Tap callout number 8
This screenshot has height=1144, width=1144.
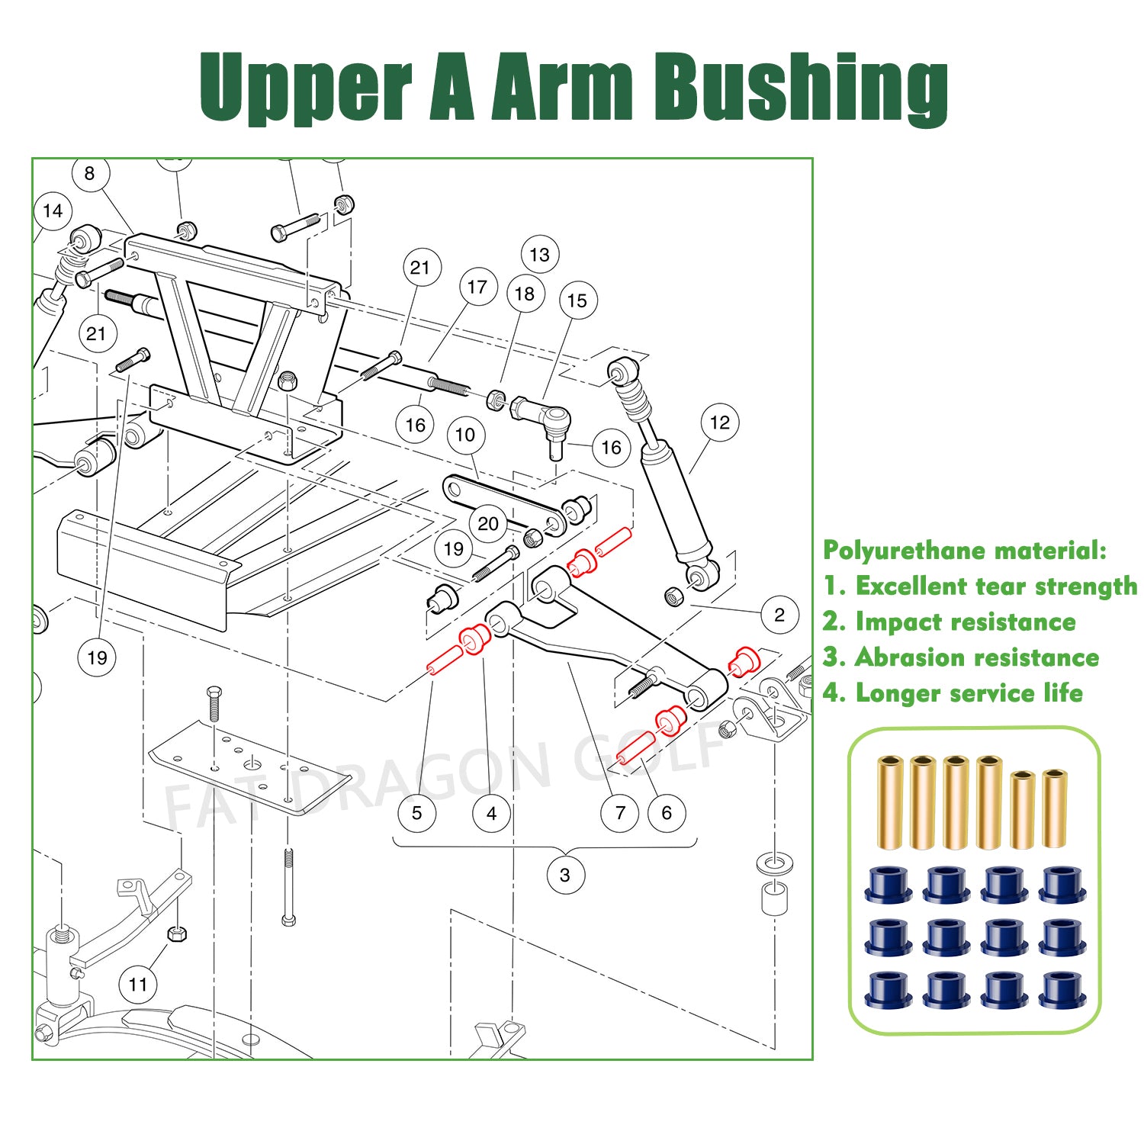pos(90,174)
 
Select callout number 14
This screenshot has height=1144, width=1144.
pos(53,211)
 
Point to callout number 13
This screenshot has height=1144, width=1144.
pos(539,255)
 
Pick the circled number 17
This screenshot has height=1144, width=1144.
pos(477,288)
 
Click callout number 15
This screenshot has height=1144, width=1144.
pos(577,301)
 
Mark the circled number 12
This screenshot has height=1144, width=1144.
pos(720,423)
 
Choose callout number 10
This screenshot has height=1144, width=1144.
pos(465,435)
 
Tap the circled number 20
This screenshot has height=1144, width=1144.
pos(488,524)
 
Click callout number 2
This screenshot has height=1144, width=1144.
pos(779,615)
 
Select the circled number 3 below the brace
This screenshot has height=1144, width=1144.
pos(565,875)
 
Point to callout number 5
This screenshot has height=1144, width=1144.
pos(416,813)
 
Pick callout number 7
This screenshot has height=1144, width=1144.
pos(620,813)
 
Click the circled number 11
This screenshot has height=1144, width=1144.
pos(138,985)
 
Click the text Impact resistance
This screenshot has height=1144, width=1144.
pos(965,622)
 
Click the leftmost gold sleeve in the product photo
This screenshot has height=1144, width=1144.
pos(889,802)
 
